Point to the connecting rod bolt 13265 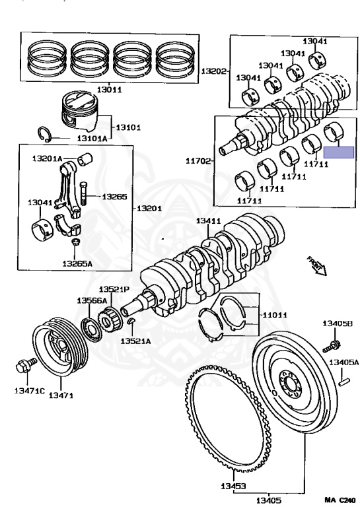pos(83,195)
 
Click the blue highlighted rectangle pos(342,151)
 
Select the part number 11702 pos(197,160)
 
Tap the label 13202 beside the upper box pos(213,71)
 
